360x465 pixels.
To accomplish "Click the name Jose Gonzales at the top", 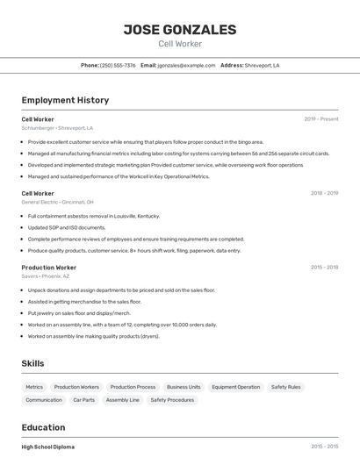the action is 180,30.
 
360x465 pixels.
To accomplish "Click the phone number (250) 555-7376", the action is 118,65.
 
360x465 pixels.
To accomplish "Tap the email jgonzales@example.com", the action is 186,65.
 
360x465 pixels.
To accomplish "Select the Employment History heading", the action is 65,100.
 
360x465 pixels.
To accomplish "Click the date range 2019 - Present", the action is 320,119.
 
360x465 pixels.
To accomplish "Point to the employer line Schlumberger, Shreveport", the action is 57,128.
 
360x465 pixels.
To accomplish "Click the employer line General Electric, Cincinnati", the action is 58,202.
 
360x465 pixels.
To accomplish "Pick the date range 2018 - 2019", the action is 324,193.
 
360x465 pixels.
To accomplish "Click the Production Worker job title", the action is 49,267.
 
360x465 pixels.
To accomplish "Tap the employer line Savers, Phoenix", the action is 46,275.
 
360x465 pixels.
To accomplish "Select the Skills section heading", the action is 33,363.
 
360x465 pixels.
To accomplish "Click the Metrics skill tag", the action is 34,387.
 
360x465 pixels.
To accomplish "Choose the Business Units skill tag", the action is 184,387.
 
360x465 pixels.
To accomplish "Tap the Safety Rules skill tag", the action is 285,387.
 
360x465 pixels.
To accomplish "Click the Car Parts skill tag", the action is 83,400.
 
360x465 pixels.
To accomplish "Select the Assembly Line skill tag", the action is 122,400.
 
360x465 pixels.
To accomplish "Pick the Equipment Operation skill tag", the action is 235,387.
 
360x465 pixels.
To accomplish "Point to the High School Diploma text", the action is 48,447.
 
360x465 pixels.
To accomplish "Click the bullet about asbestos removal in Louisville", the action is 94,216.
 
